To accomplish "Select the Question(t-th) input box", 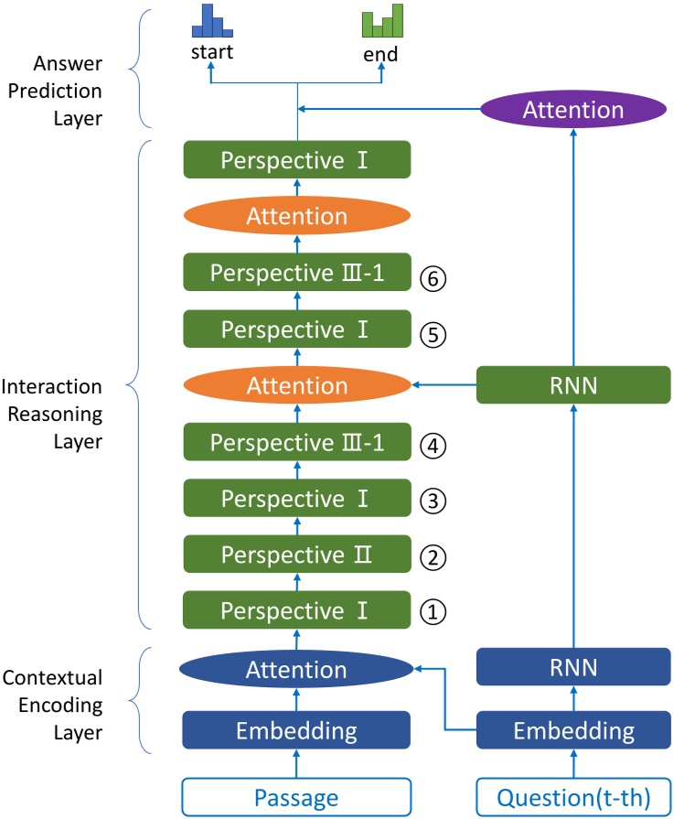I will [573, 797].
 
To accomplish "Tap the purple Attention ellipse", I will [572, 110].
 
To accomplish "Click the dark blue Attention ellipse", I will [296, 670].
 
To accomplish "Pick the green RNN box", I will [573, 385].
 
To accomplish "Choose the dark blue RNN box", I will [573, 667].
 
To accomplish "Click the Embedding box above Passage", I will [296, 730].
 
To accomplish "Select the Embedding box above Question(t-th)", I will [573, 730].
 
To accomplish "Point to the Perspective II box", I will [296, 555].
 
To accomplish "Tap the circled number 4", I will [433, 446].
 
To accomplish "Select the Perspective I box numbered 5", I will [296, 329].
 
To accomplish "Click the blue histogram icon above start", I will [210, 22].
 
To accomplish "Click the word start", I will [211, 52].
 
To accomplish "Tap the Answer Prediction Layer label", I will [68, 92].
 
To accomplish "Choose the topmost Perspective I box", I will [296, 160].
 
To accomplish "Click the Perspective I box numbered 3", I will [296, 499].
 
